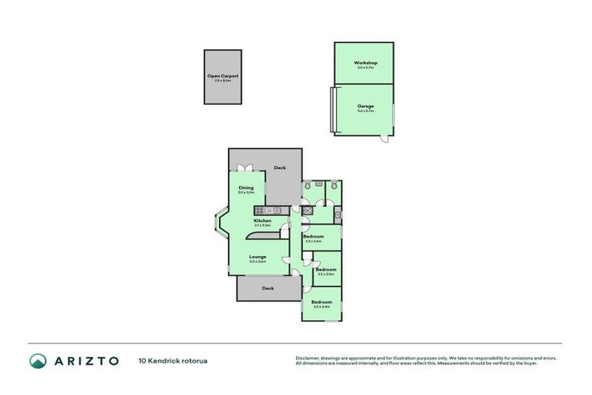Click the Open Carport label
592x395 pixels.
point(223,76)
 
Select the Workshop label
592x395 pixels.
point(365,62)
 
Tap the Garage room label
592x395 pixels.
point(365,106)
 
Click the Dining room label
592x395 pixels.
point(246,187)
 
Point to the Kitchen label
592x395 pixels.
point(263,221)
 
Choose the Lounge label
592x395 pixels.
point(257,257)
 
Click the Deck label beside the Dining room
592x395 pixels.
point(279,167)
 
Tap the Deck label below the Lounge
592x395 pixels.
point(267,288)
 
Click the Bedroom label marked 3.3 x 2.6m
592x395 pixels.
point(313,237)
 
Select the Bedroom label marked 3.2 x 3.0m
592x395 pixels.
point(325,269)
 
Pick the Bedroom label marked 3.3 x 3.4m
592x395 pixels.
point(321,302)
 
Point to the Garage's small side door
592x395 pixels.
point(382,140)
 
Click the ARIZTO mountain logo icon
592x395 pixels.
point(39,360)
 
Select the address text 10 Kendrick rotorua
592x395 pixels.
point(173,360)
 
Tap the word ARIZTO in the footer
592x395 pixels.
point(85,360)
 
